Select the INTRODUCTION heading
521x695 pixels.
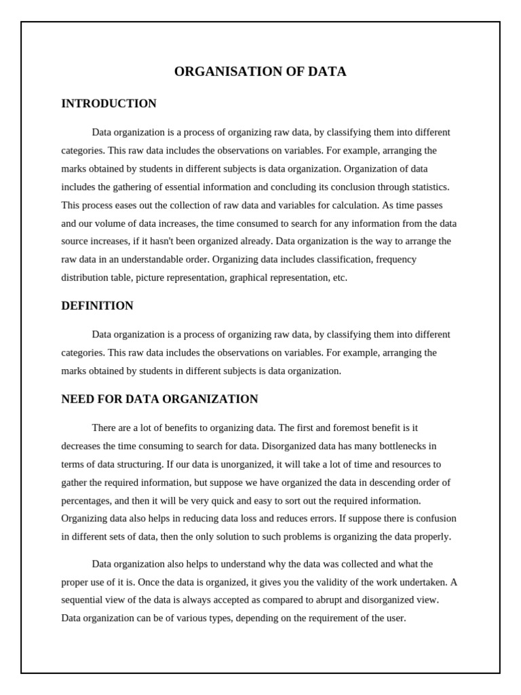(109, 104)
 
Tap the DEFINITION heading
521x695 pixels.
(97, 306)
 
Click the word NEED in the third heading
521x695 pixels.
(77, 399)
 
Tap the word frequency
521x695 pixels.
(396, 259)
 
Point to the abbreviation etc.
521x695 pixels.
(340, 278)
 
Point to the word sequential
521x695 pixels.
(83, 600)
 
